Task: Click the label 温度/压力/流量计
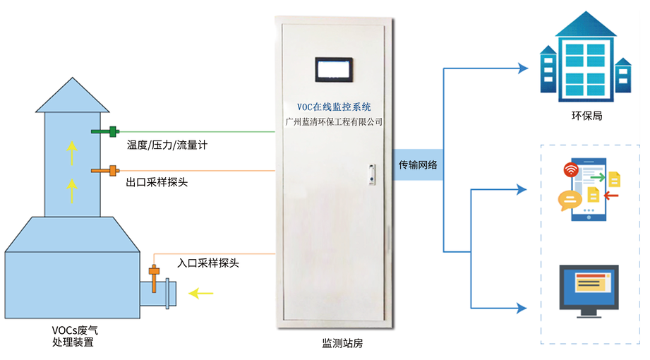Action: [x=167, y=145]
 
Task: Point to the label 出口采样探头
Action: [x=157, y=182]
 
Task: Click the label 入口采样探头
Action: [x=208, y=263]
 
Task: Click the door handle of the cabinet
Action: [x=369, y=174]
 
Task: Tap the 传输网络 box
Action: [x=418, y=165]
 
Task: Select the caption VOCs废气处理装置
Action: [x=73, y=336]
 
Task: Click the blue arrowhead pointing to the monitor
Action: [x=522, y=308]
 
